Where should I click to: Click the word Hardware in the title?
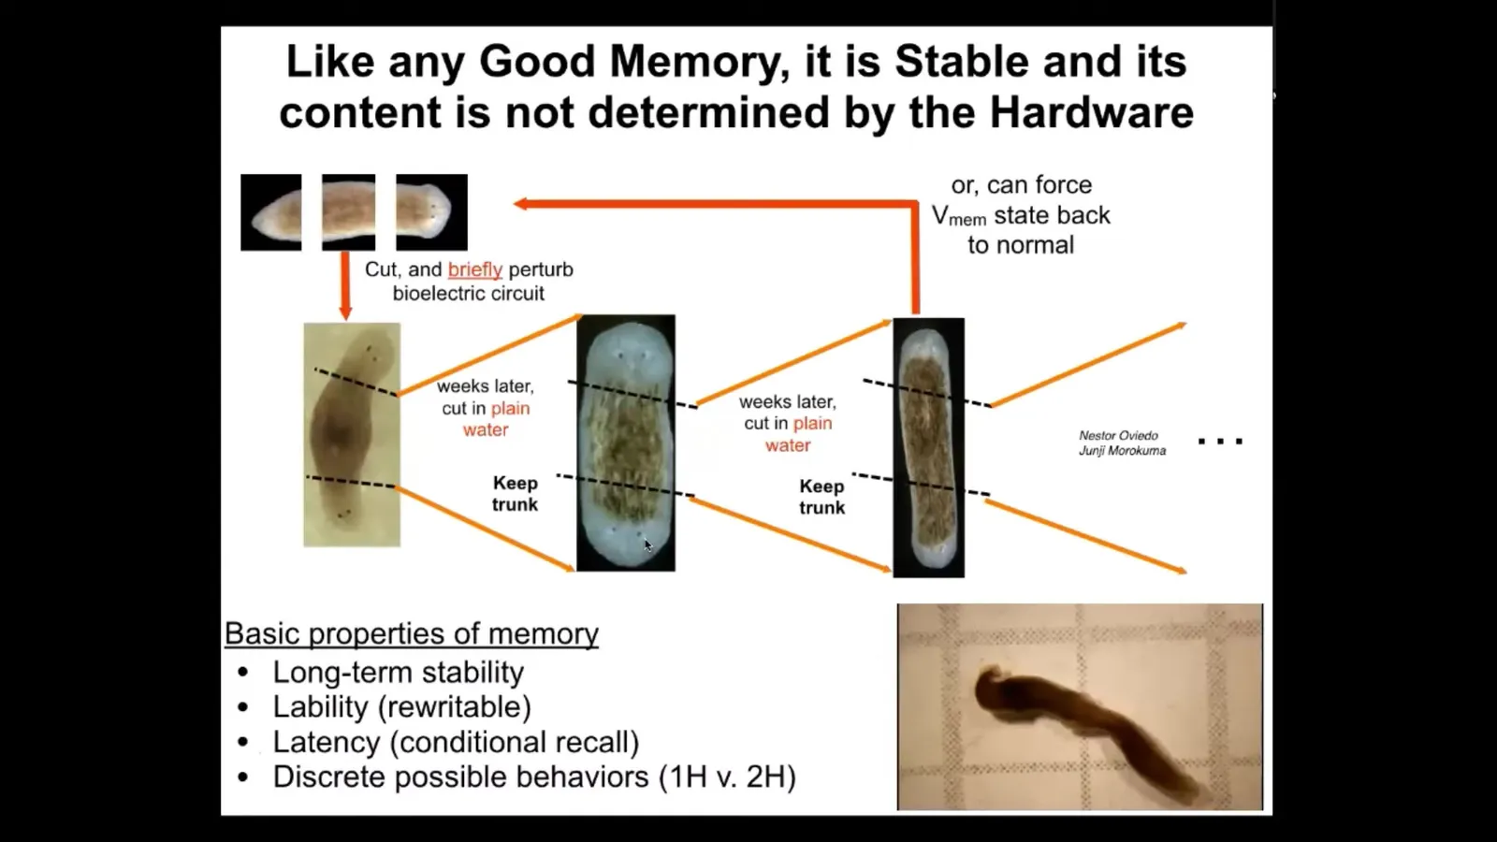1091,111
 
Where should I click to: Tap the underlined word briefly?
475,270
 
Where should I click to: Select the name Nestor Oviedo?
1118,436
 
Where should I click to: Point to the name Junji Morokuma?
1122,451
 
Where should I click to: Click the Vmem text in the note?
959,216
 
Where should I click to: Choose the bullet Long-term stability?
398,673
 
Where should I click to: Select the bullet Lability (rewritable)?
401,707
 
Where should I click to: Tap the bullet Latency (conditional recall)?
456,743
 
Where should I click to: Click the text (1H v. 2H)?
727,777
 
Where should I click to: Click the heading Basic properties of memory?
411,633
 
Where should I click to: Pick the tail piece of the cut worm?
270,212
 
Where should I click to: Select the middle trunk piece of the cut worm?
348,212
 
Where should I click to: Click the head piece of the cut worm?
431,212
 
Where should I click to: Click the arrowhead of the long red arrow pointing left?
520,204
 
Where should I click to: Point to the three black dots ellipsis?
1220,441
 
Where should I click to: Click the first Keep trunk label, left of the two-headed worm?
515,494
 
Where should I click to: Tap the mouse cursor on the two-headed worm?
647,545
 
